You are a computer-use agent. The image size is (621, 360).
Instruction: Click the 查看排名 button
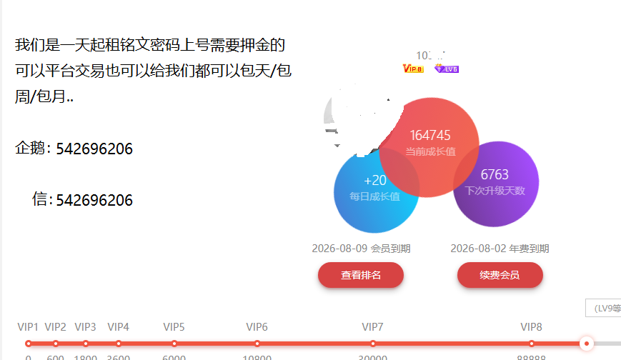[361, 275]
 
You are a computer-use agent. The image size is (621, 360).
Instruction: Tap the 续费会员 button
[500, 275]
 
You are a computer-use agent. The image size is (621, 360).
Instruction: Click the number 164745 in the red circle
[430, 135]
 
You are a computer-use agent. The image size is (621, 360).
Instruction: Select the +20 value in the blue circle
[375, 181]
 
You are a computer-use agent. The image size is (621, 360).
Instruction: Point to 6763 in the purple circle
[495, 175]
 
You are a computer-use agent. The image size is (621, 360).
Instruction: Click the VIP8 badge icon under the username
[413, 69]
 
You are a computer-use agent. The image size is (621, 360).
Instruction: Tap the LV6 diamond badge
[447, 69]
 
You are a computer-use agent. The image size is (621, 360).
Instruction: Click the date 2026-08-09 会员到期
[361, 249]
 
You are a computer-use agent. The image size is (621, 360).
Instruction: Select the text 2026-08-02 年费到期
[500, 249]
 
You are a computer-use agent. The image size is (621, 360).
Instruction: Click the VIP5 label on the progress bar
[174, 327]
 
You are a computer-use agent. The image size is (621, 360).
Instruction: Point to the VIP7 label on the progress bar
[372, 327]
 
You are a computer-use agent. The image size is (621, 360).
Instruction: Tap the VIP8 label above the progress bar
[531, 327]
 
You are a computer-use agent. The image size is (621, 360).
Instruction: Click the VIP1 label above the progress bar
[28, 327]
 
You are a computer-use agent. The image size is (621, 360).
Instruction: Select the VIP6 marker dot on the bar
[257, 344]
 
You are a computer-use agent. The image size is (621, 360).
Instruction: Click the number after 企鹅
[94, 149]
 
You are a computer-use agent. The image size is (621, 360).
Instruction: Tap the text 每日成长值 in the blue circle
[374, 196]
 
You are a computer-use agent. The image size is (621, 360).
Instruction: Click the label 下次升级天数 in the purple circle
[495, 191]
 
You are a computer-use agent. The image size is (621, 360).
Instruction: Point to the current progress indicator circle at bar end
[587, 344]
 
